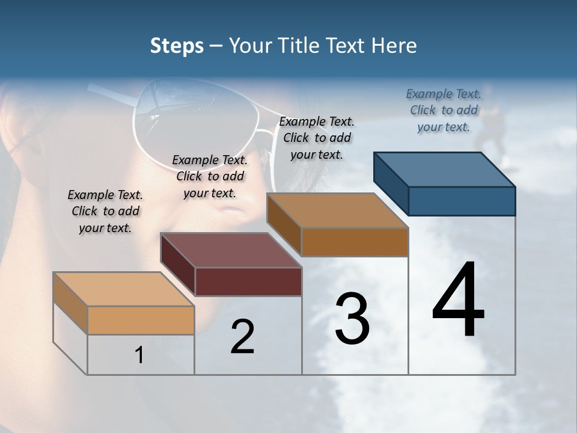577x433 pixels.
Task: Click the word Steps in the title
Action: coord(177,46)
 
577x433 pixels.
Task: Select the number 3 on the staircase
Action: coord(352,319)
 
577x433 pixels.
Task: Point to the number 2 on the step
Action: coord(242,337)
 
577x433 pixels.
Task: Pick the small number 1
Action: coord(139,355)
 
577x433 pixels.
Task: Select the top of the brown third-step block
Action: coord(338,210)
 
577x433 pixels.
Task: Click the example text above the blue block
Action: coord(444,110)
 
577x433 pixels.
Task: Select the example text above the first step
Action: coord(105,211)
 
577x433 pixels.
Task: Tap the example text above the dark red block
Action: coord(210,176)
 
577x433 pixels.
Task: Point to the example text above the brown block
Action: coord(317,138)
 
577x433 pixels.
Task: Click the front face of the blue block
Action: coord(462,201)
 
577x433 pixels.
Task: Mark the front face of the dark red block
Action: coord(248,281)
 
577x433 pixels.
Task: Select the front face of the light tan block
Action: coord(141,320)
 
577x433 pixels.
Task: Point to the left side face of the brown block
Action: coord(284,224)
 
